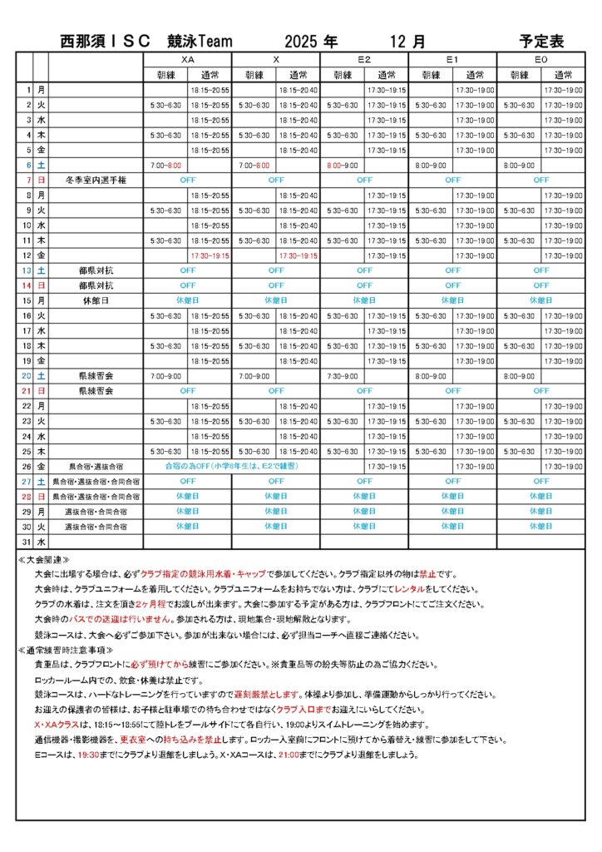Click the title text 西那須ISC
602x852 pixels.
pyautogui.click(x=106, y=41)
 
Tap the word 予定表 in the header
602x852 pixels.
pyautogui.click(x=541, y=41)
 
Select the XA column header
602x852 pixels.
pyautogui.click(x=187, y=60)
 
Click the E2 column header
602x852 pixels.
pyautogui.click(x=364, y=60)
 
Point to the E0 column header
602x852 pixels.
pyautogui.click(x=541, y=60)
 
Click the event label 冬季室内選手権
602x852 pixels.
pyautogui.click(x=95, y=180)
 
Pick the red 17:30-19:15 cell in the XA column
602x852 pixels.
pyautogui.click(x=210, y=255)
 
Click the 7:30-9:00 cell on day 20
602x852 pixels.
pyautogui.click(x=342, y=376)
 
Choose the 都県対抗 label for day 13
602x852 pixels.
pyautogui.click(x=95, y=270)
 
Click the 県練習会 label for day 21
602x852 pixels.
pyautogui.click(x=95, y=391)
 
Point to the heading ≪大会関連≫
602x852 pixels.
pyautogui.click(x=44, y=560)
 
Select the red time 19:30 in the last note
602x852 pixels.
pyautogui.click(x=87, y=755)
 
